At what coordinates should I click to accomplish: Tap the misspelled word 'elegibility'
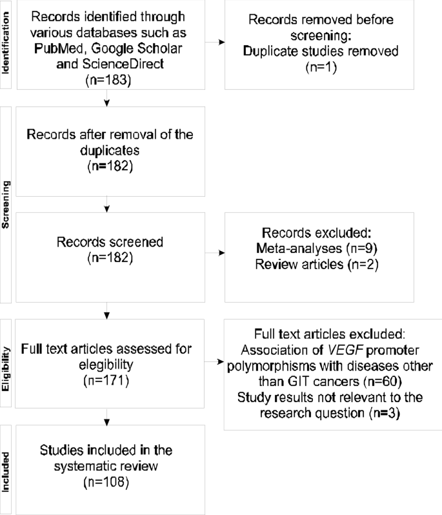105,365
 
